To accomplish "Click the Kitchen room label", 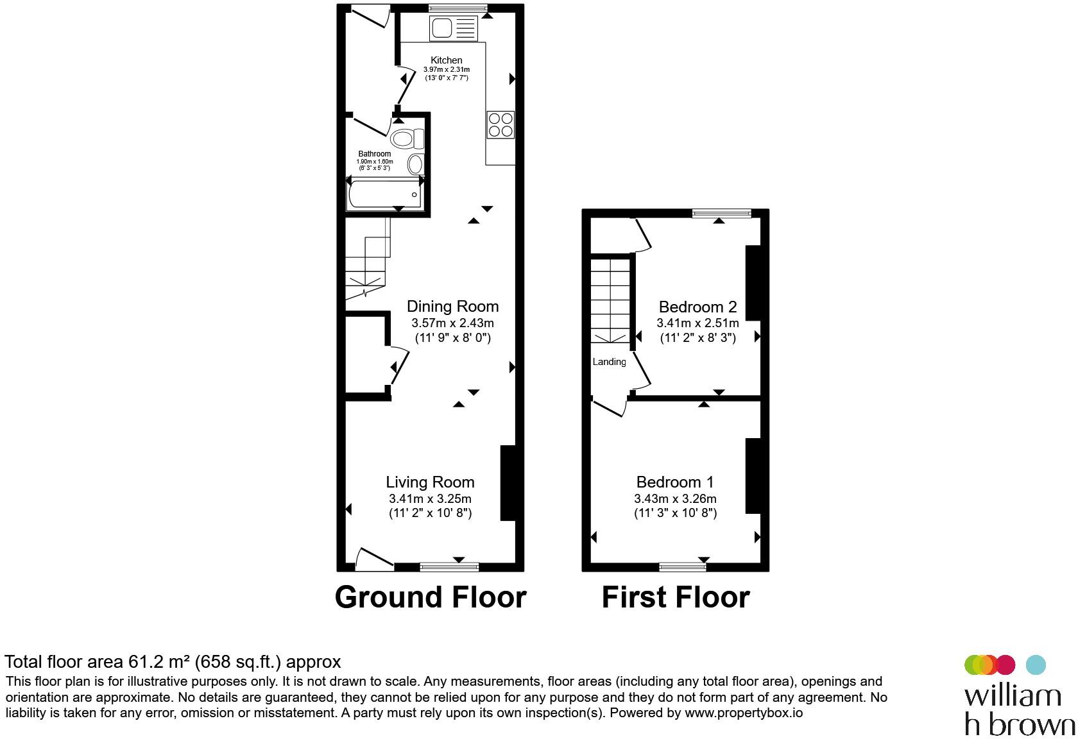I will (446, 60).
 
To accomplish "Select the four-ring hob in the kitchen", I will (501, 124).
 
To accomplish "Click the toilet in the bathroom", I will (407, 139).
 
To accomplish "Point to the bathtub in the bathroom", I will (384, 194).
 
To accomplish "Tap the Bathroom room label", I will (374, 154).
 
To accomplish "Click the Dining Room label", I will (452, 307).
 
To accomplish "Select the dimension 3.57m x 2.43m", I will (452, 323).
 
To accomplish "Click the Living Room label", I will (430, 482).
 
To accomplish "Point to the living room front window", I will (449, 566).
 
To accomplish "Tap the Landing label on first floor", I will (609, 362).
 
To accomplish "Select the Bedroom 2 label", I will (697, 307).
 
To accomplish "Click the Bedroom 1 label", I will (675, 482).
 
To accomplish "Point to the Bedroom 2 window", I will (721, 214).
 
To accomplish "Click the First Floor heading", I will (675, 597).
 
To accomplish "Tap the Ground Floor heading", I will (430, 597).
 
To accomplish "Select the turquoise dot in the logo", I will (1036, 665).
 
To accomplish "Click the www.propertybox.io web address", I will (743, 713).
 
